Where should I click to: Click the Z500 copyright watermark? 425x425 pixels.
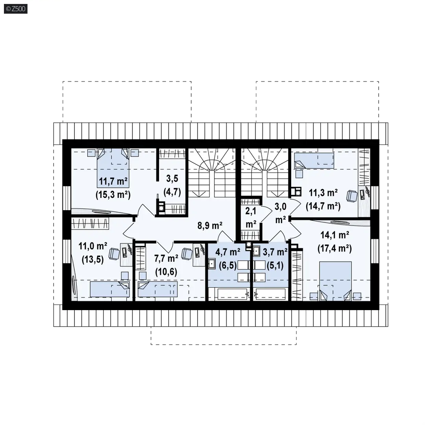tap(16, 9)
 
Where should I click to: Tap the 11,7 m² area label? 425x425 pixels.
tap(113, 181)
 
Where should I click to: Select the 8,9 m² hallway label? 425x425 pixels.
tap(210, 225)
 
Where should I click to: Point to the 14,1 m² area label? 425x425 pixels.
tap(334, 235)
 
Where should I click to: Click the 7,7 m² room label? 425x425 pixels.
tap(166, 258)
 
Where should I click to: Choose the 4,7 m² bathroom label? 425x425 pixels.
tap(228, 252)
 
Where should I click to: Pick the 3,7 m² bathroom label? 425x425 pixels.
tap(275, 252)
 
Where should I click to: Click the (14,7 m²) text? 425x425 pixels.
tap(323, 206)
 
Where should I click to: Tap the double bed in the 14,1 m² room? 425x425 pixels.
tap(335, 281)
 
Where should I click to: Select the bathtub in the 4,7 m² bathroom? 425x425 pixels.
tap(232, 294)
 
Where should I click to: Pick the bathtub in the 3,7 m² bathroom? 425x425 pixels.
tap(270, 294)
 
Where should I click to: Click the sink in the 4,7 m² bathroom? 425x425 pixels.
tap(212, 264)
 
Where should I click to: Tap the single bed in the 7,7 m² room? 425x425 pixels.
tap(157, 289)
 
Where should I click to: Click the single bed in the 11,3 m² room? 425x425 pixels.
tap(314, 161)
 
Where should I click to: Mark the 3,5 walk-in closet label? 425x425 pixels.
tap(172, 178)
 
